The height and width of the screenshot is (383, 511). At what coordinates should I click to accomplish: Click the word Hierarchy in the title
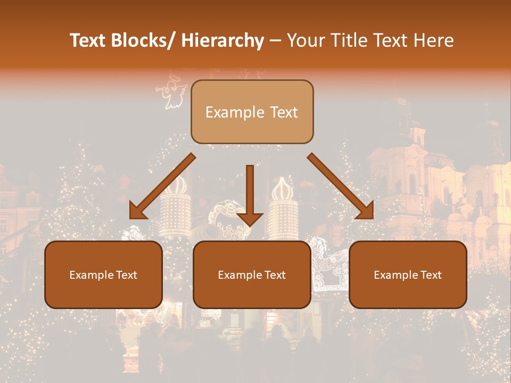coord(222,40)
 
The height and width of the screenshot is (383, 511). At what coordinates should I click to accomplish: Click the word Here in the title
coord(433,40)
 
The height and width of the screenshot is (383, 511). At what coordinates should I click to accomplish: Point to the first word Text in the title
coord(90,40)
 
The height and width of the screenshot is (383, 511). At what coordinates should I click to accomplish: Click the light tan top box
coord(252,112)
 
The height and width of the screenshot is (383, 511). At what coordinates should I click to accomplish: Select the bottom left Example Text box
coord(103,274)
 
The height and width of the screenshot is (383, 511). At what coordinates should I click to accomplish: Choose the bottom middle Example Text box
coord(252,274)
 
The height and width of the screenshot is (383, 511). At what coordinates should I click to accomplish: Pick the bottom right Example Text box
coord(408,274)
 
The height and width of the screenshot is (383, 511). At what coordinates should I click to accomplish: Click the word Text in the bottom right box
coord(431,275)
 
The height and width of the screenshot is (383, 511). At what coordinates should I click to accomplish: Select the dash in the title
coord(275,40)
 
